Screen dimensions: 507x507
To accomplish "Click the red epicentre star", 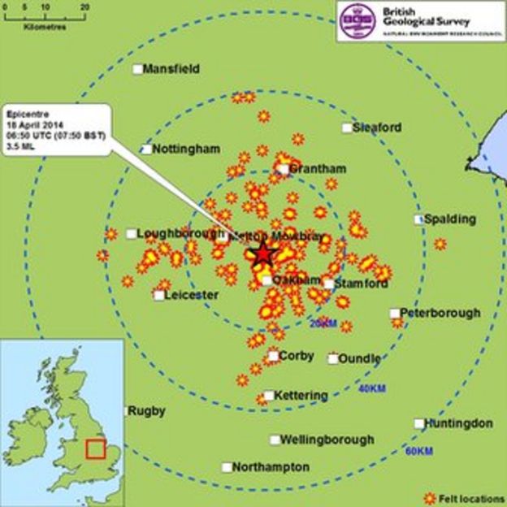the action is point(262,254).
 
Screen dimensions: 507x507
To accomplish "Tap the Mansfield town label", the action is point(171,70).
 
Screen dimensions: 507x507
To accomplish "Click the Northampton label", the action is point(271,467).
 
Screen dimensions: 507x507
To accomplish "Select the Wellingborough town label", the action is point(327,440).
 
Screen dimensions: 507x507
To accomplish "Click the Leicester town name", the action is point(192,294).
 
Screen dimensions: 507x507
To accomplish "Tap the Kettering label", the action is point(301,396).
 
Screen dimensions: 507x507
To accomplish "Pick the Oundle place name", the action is point(359,358).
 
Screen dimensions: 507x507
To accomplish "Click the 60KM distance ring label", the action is point(418,451).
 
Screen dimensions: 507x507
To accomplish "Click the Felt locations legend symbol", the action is point(430,497).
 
